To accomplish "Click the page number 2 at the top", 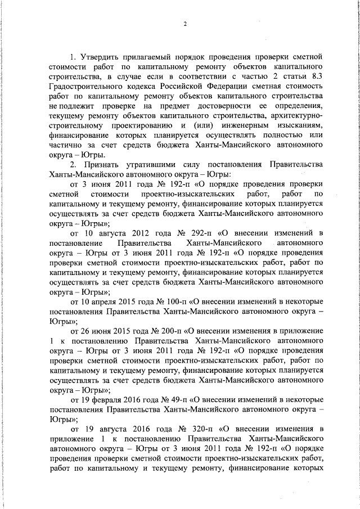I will tap(184, 24).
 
